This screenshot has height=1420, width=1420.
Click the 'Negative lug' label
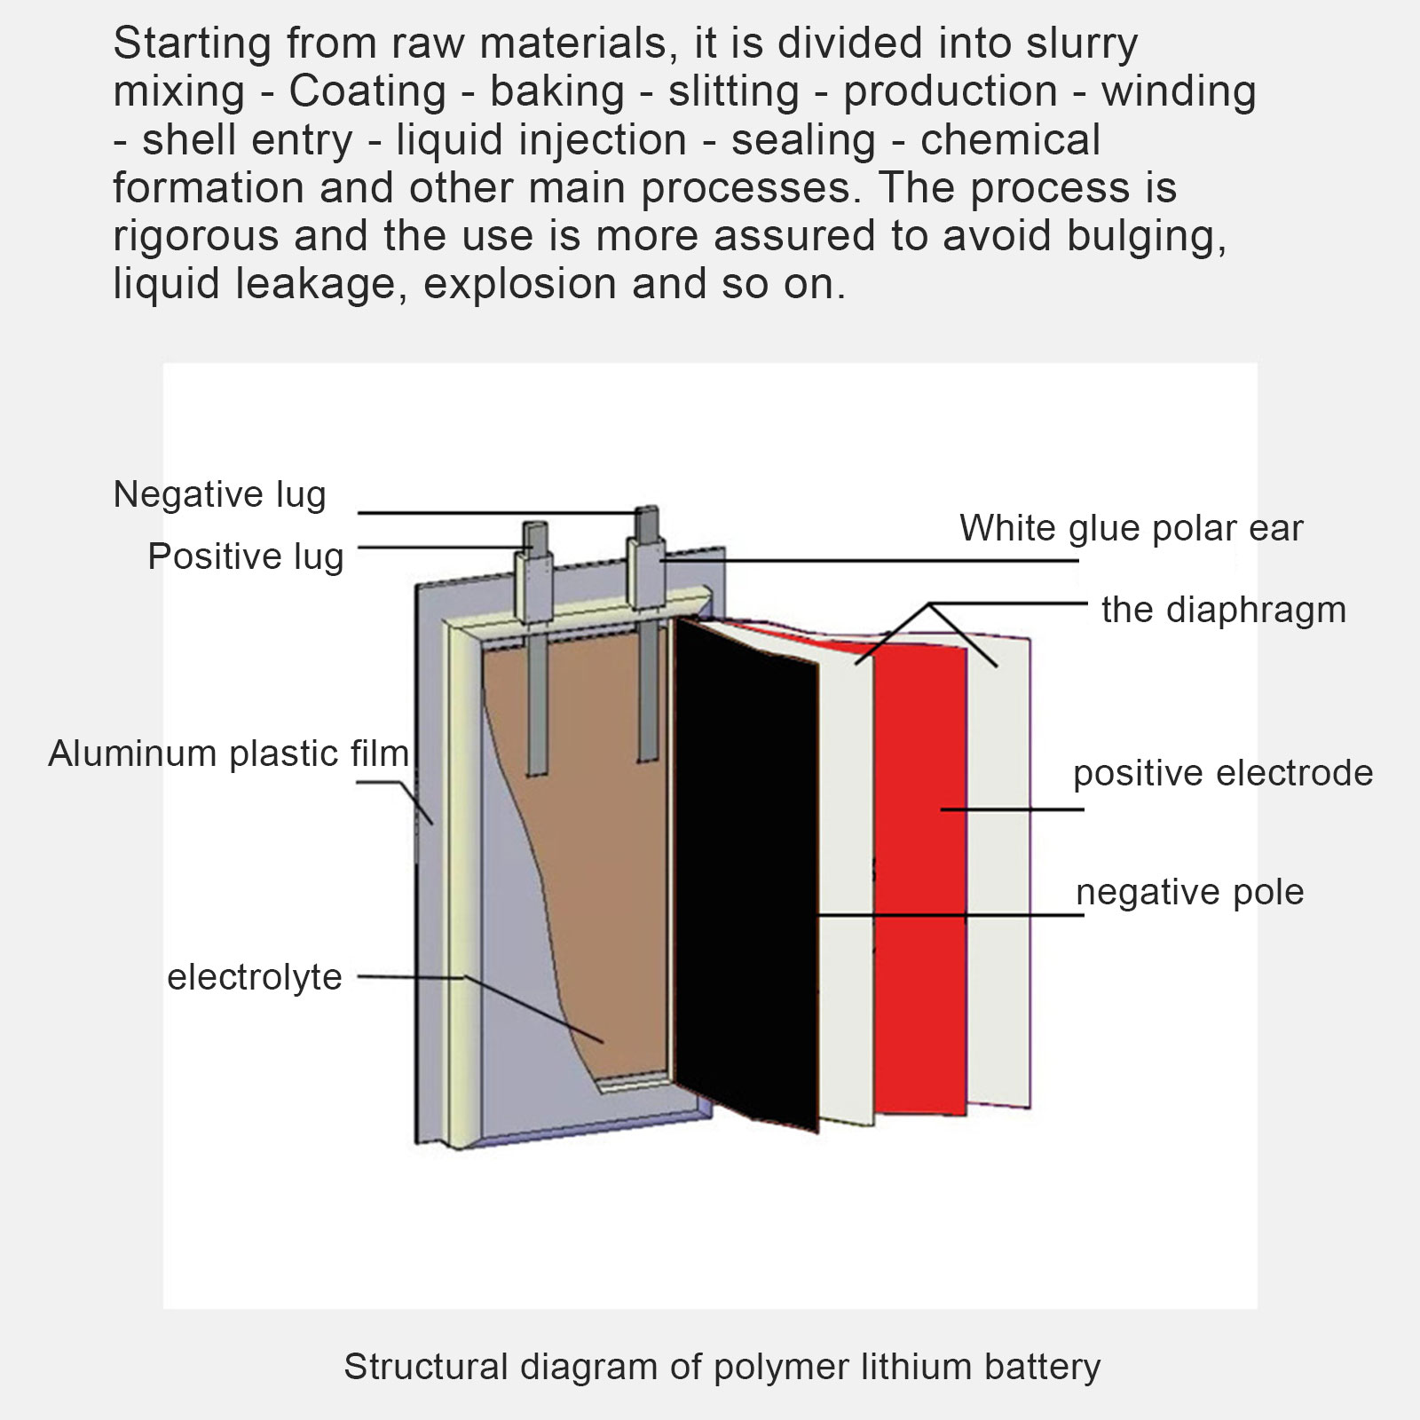[x=219, y=494]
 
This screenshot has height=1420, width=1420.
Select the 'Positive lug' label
[x=245, y=556]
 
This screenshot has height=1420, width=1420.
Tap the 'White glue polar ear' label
[x=1131, y=528]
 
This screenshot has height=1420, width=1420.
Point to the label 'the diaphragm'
[x=1223, y=610]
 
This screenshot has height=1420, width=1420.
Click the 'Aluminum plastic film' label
[x=228, y=753]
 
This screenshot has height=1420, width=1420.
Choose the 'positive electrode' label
[x=1222, y=773]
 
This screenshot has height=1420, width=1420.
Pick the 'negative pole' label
[x=1189, y=892]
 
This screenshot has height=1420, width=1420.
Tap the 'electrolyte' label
[x=255, y=977]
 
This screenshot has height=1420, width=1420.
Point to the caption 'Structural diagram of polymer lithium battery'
[x=722, y=1367]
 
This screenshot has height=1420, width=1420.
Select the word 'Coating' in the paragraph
[x=367, y=91]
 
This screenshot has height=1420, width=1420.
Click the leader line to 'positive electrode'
[x=1012, y=809]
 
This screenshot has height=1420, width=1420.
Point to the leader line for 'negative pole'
[x=950, y=914]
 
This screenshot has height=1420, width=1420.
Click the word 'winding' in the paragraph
[x=1179, y=91]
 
